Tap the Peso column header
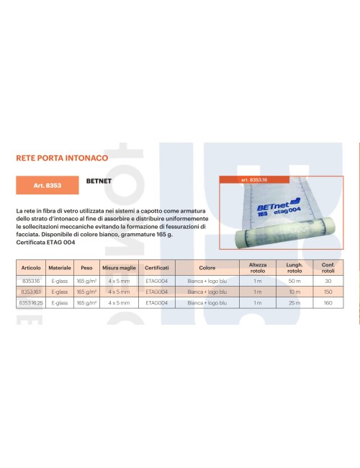[x=86, y=267]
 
